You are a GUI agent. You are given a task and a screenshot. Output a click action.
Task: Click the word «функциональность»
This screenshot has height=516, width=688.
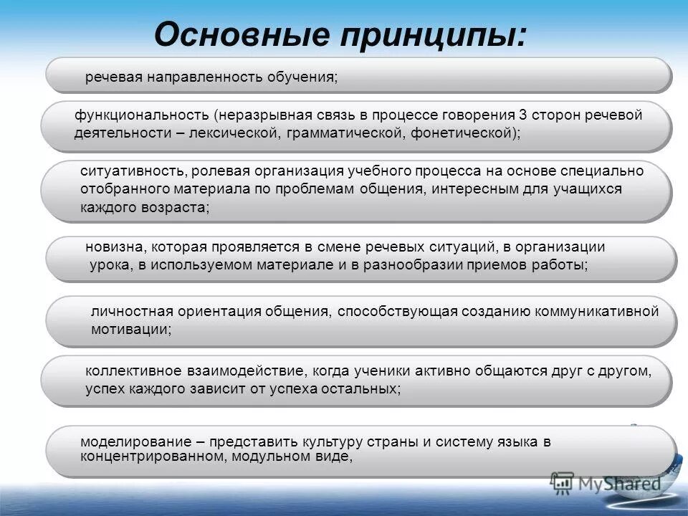tap(140, 115)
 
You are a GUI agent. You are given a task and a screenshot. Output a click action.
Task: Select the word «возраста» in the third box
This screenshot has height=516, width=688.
tap(180, 208)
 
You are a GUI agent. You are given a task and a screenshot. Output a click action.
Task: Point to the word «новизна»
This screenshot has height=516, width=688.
tap(115, 247)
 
